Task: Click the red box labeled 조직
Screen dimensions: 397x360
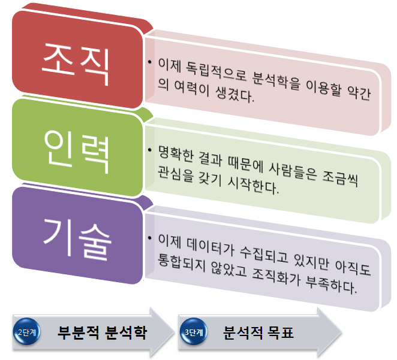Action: (77, 60)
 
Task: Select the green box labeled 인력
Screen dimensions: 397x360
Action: (77, 148)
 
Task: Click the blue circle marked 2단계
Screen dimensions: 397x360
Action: (27, 332)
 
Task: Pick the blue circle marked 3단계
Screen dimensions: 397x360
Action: (194, 332)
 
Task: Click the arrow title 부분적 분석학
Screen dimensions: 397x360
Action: (103, 332)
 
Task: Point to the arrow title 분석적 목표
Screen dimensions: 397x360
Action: (258, 332)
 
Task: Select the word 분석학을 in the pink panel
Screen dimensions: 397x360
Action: (276, 81)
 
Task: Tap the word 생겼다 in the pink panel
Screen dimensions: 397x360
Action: (234, 94)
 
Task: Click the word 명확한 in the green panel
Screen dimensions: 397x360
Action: (176, 153)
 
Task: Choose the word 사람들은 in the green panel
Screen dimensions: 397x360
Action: (293, 171)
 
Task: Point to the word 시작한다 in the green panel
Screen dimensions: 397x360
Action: (253, 185)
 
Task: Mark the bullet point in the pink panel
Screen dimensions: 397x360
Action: (150, 62)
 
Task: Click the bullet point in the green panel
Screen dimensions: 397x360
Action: (150, 150)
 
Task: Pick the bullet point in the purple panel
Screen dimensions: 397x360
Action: (150, 238)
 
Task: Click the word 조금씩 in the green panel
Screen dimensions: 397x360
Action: (340, 179)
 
